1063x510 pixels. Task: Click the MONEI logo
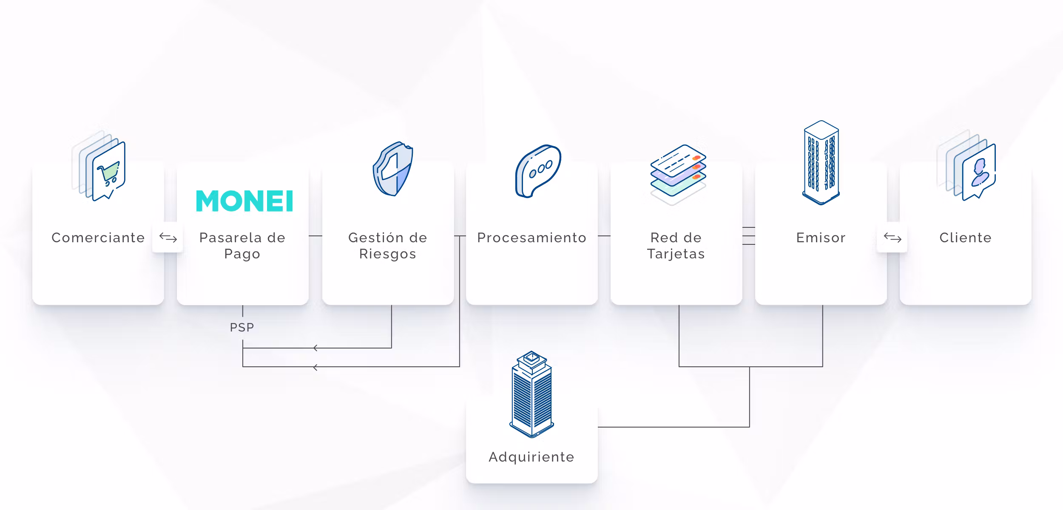(244, 201)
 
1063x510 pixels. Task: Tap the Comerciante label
(98, 238)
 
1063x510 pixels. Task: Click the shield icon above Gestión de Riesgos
(393, 169)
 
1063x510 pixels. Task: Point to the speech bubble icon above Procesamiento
(538, 171)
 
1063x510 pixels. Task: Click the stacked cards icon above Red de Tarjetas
(678, 175)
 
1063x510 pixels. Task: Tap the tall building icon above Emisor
(821, 162)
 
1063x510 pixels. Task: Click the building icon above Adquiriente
(531, 394)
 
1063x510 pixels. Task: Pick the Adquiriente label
(531, 457)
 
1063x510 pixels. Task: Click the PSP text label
(242, 327)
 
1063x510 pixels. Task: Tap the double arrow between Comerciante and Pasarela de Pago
(168, 238)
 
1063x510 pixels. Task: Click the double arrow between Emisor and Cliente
(892, 238)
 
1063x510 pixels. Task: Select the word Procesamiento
(532, 238)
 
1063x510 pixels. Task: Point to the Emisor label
(821, 238)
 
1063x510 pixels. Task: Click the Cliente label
(966, 238)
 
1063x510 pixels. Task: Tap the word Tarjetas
(676, 254)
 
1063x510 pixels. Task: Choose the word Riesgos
(388, 254)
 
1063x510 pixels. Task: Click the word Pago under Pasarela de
(242, 254)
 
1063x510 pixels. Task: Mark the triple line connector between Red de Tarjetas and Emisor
(749, 236)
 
